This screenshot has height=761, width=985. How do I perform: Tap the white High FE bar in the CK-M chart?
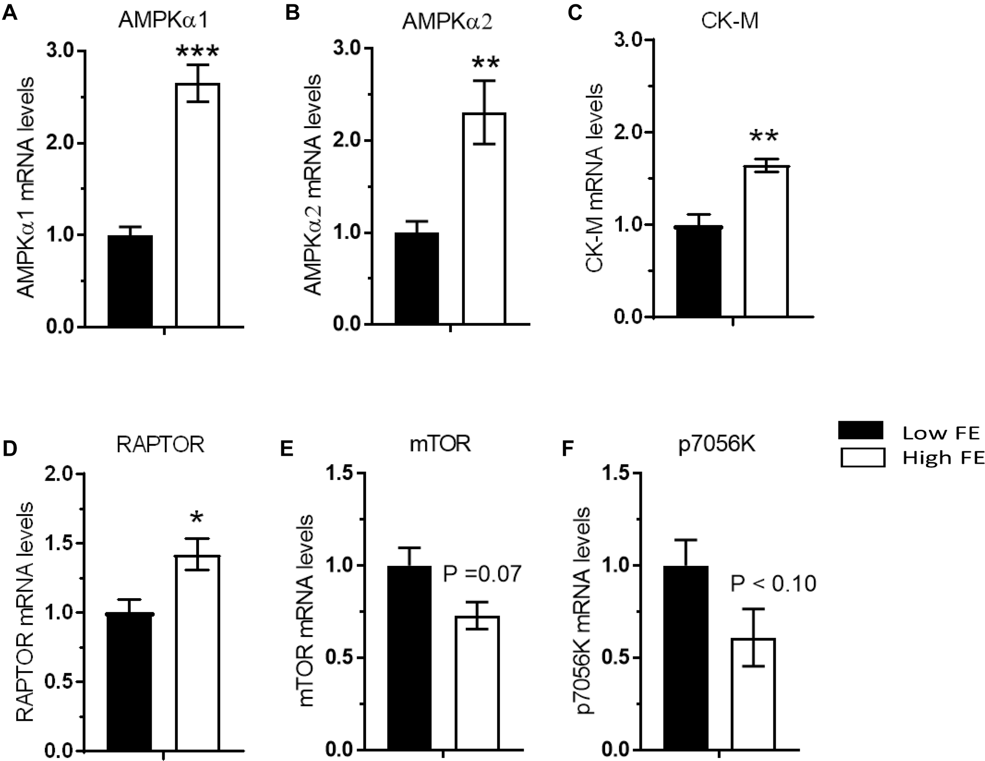pos(766,241)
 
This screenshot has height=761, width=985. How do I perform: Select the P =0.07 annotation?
pos(482,574)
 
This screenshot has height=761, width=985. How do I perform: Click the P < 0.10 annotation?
pos(773,584)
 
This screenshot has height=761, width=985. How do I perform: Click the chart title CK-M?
pos(729,21)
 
